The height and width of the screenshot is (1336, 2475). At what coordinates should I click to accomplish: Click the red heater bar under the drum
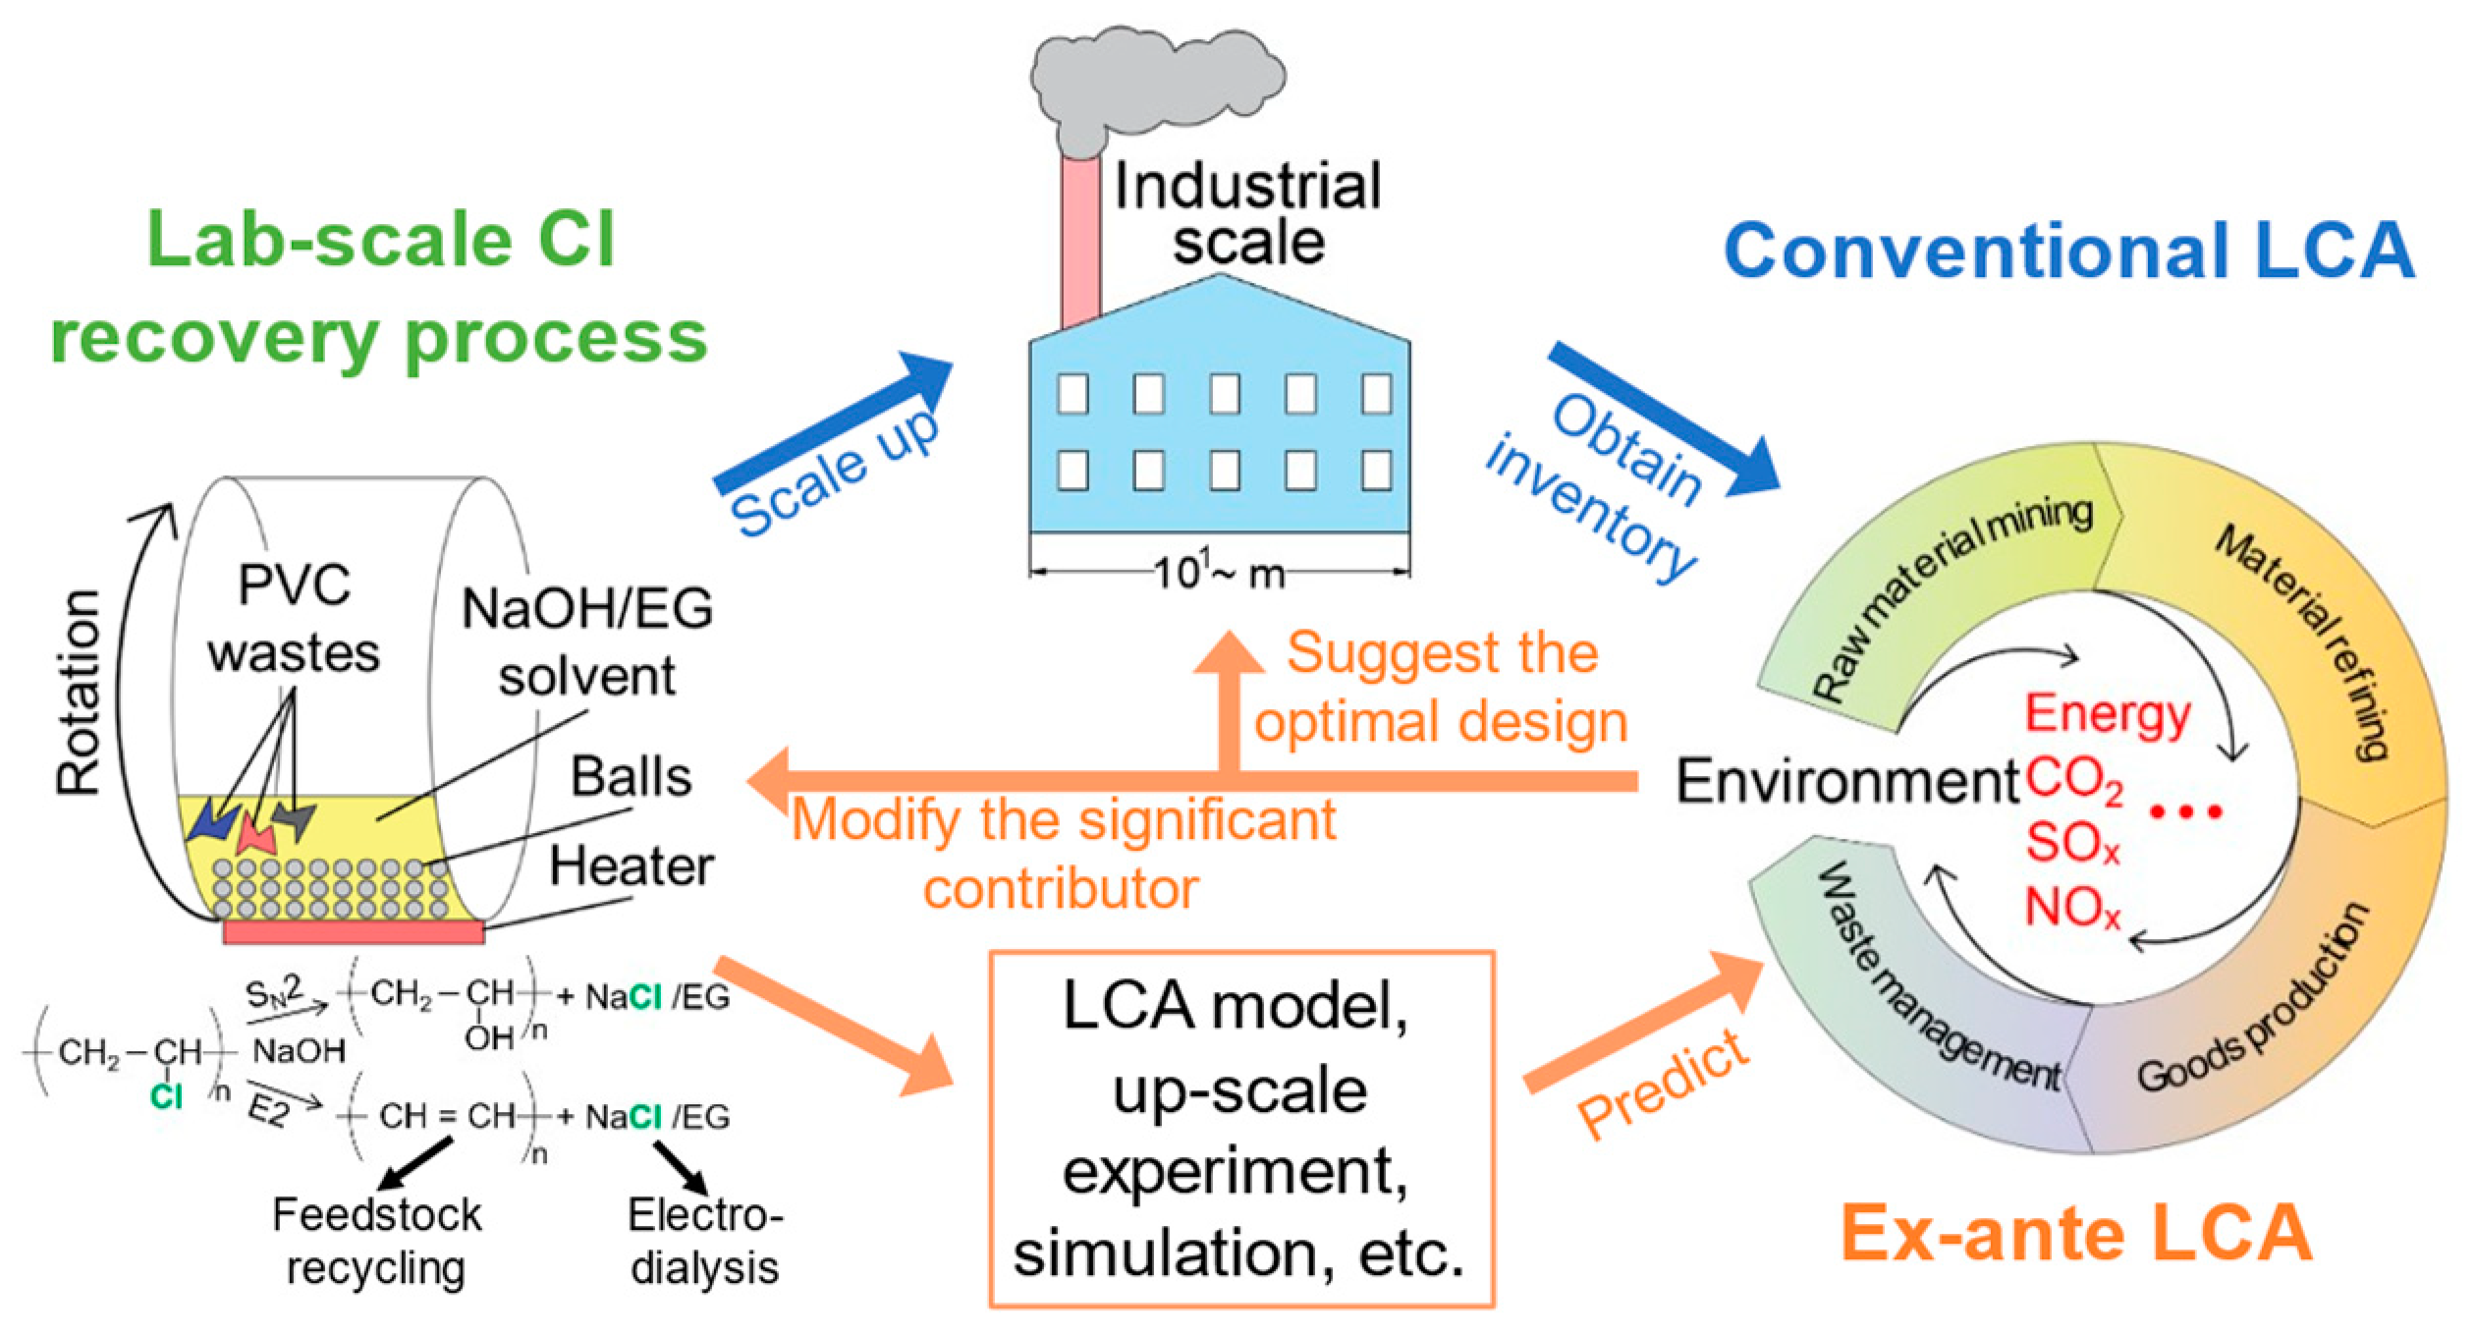354,931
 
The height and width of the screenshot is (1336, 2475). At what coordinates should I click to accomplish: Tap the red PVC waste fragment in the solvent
255,835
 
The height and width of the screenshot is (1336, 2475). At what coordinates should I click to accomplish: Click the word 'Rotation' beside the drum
79,693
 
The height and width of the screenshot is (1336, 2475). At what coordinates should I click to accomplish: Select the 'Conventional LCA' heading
2067,250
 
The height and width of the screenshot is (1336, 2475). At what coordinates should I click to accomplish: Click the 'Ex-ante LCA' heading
2077,1233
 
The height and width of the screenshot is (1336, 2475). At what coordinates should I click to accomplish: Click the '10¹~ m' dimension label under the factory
1218,572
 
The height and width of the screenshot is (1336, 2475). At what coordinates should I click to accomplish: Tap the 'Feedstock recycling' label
376,1241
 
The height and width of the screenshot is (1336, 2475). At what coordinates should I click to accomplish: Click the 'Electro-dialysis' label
704,1241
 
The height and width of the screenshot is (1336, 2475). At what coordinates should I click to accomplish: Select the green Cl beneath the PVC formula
167,1096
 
